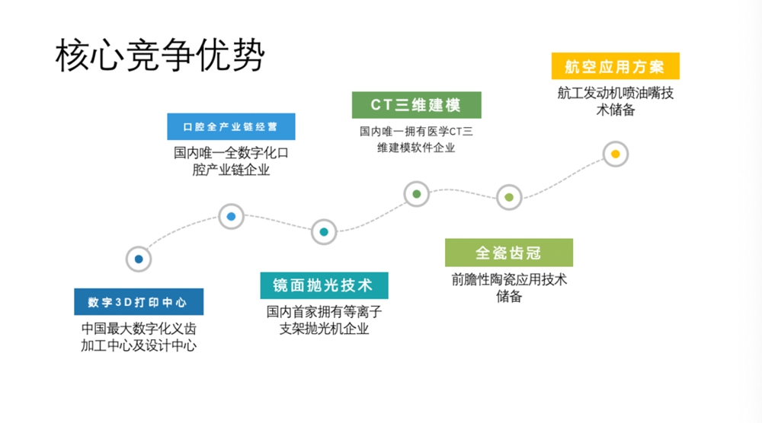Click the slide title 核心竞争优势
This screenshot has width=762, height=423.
(x=160, y=55)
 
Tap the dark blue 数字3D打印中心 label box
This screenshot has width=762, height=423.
(x=139, y=302)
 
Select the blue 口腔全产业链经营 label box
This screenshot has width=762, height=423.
(x=231, y=126)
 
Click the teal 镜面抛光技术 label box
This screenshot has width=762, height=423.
(x=324, y=285)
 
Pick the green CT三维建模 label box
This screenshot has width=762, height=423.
(x=417, y=105)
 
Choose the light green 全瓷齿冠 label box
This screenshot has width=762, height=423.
(x=509, y=253)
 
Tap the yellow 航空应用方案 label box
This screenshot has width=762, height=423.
(x=615, y=66)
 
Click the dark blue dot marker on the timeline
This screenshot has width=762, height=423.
(x=139, y=259)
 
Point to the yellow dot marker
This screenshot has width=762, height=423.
(x=615, y=154)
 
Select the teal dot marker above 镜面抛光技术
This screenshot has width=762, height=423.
(x=324, y=232)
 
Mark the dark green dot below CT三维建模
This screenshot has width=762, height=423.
(x=417, y=194)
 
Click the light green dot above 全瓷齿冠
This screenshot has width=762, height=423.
(x=509, y=198)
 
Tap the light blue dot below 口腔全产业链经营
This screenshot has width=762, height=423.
(x=231, y=216)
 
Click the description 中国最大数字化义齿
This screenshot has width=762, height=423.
(x=139, y=329)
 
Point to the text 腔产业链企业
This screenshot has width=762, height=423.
(x=231, y=170)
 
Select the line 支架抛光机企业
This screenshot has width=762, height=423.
(x=324, y=329)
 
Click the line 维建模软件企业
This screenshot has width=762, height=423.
(x=417, y=148)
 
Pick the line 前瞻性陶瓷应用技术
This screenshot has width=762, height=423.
(x=509, y=279)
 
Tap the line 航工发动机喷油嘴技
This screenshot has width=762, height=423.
(x=615, y=93)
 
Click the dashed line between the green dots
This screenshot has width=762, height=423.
(x=463, y=192)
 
